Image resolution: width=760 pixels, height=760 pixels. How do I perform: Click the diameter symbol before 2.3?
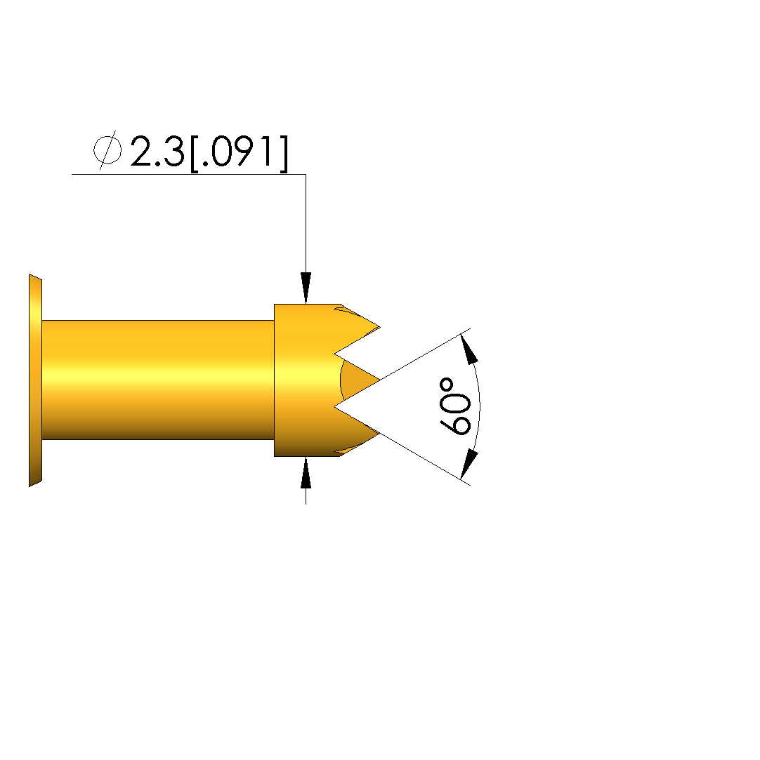pyautogui.click(x=107, y=149)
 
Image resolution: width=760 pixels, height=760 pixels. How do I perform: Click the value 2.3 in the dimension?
pyautogui.click(x=157, y=152)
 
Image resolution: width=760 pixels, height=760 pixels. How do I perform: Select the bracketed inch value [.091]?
pyautogui.click(x=240, y=153)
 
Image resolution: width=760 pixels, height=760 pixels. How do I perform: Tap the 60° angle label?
pyautogui.click(x=455, y=406)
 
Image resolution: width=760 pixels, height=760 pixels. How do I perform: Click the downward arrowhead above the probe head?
pyautogui.click(x=306, y=288)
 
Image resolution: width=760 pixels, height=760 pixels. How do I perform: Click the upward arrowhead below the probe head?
pyautogui.click(x=306, y=472)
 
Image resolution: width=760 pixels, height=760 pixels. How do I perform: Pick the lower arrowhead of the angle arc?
pyautogui.click(x=469, y=465)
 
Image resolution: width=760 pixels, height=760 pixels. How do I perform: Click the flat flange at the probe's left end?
pyautogui.click(x=35, y=380)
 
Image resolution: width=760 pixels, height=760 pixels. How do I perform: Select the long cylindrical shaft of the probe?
pyautogui.click(x=158, y=380)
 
